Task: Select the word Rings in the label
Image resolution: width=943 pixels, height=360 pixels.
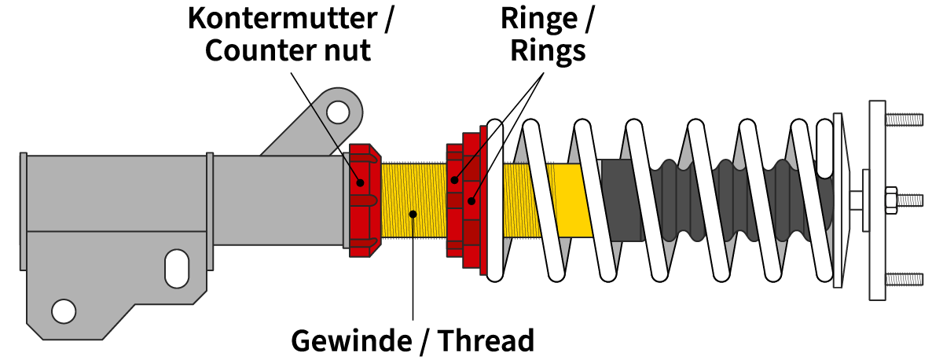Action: [548, 50]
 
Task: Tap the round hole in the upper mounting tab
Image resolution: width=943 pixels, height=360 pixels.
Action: [338, 112]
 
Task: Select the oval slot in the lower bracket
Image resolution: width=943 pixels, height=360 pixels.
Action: [176, 269]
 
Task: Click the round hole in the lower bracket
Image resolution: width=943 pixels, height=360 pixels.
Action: [63, 310]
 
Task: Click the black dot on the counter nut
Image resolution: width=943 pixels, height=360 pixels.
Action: [361, 182]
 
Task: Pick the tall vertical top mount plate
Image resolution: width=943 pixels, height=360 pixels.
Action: [877, 200]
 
